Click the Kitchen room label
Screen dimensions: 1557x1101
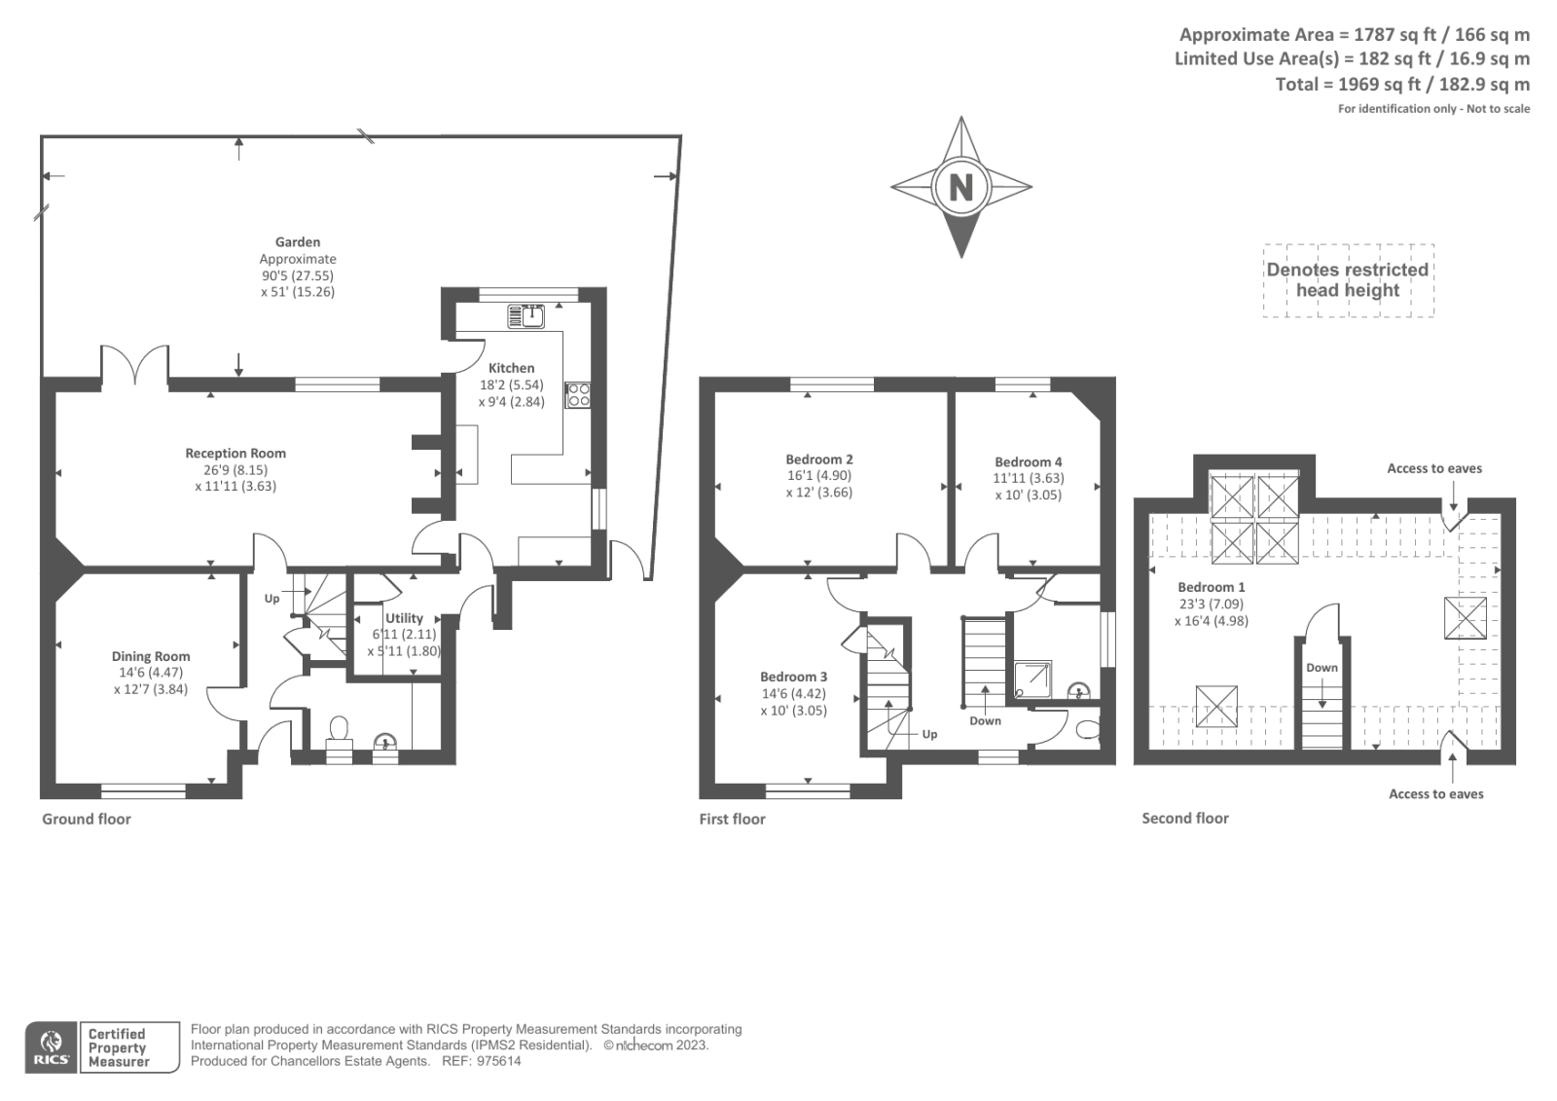click(x=512, y=368)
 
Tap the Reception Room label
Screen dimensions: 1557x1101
click(x=235, y=453)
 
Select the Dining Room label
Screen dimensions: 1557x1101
click(x=151, y=656)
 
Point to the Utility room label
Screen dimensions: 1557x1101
click(x=404, y=617)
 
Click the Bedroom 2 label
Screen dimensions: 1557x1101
click(x=818, y=459)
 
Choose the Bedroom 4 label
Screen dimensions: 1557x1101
click(x=1028, y=461)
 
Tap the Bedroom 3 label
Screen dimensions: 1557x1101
click(x=793, y=677)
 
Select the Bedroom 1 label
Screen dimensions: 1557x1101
click(x=1211, y=587)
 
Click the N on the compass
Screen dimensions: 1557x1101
click(x=961, y=187)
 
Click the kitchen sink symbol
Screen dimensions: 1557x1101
click(x=526, y=316)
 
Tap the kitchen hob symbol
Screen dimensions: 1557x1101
click(x=578, y=395)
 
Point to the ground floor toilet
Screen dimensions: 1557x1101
click(x=340, y=734)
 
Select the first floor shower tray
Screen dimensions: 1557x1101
click(x=1032, y=679)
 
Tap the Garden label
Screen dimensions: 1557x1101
click(x=298, y=242)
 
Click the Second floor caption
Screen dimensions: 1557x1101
click(x=1185, y=818)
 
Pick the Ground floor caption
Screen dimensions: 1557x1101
click(x=87, y=819)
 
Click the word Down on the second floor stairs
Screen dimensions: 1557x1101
click(x=1322, y=668)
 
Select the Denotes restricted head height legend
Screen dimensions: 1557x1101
click(x=1348, y=280)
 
